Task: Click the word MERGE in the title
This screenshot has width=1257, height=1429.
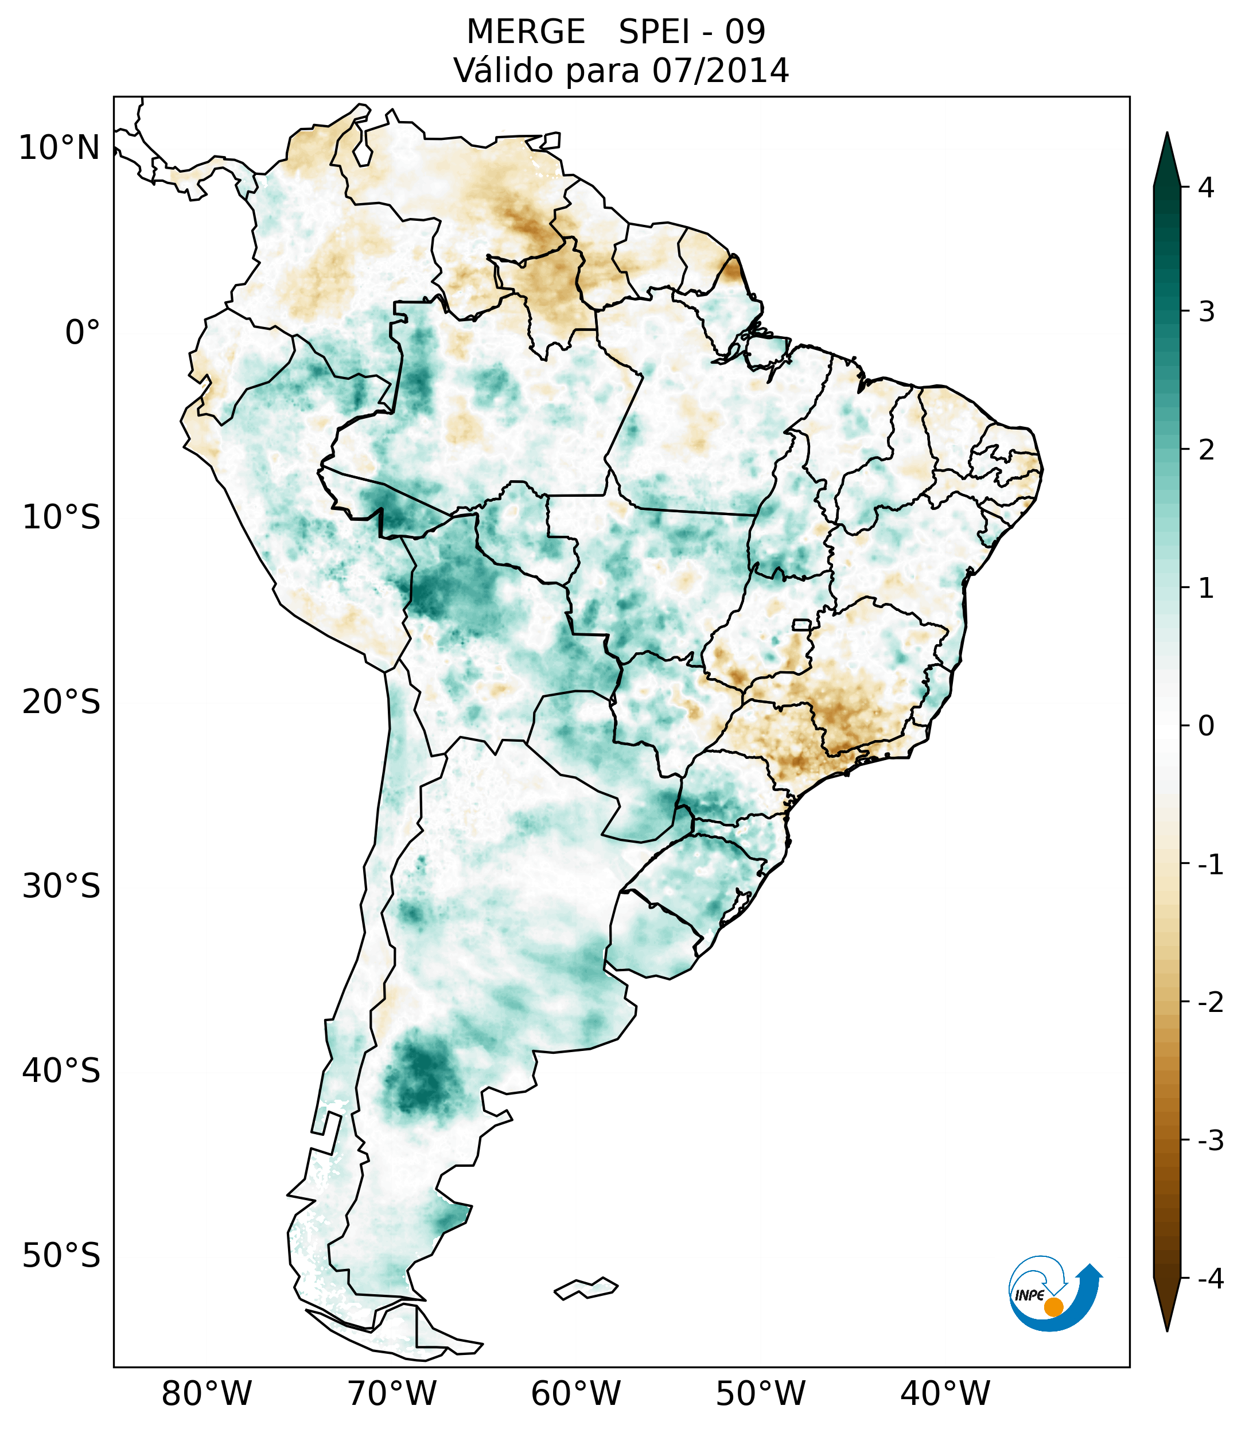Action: [526, 32]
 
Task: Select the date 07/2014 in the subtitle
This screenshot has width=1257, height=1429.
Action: [720, 71]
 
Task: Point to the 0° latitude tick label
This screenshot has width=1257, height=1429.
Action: [83, 333]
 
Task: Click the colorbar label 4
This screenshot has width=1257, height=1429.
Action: [1206, 188]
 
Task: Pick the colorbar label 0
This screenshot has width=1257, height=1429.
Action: [1206, 726]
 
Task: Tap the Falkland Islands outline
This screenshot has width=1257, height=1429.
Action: [586, 1288]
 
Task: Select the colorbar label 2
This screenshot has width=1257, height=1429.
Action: [1206, 450]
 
